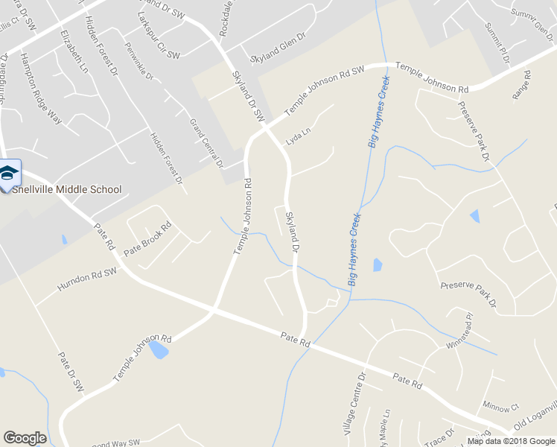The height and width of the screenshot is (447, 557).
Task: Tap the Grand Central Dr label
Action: pos(206,142)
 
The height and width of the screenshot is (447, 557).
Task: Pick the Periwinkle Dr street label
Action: pos(139,65)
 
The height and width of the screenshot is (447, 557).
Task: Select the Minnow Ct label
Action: pos(500,408)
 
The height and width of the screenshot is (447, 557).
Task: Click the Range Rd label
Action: pos(521,85)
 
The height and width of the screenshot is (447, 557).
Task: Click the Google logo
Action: pos(25,438)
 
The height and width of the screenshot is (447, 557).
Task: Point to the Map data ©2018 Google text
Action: pos(511,441)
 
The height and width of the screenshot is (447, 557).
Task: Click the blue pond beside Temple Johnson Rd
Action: pos(159,349)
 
